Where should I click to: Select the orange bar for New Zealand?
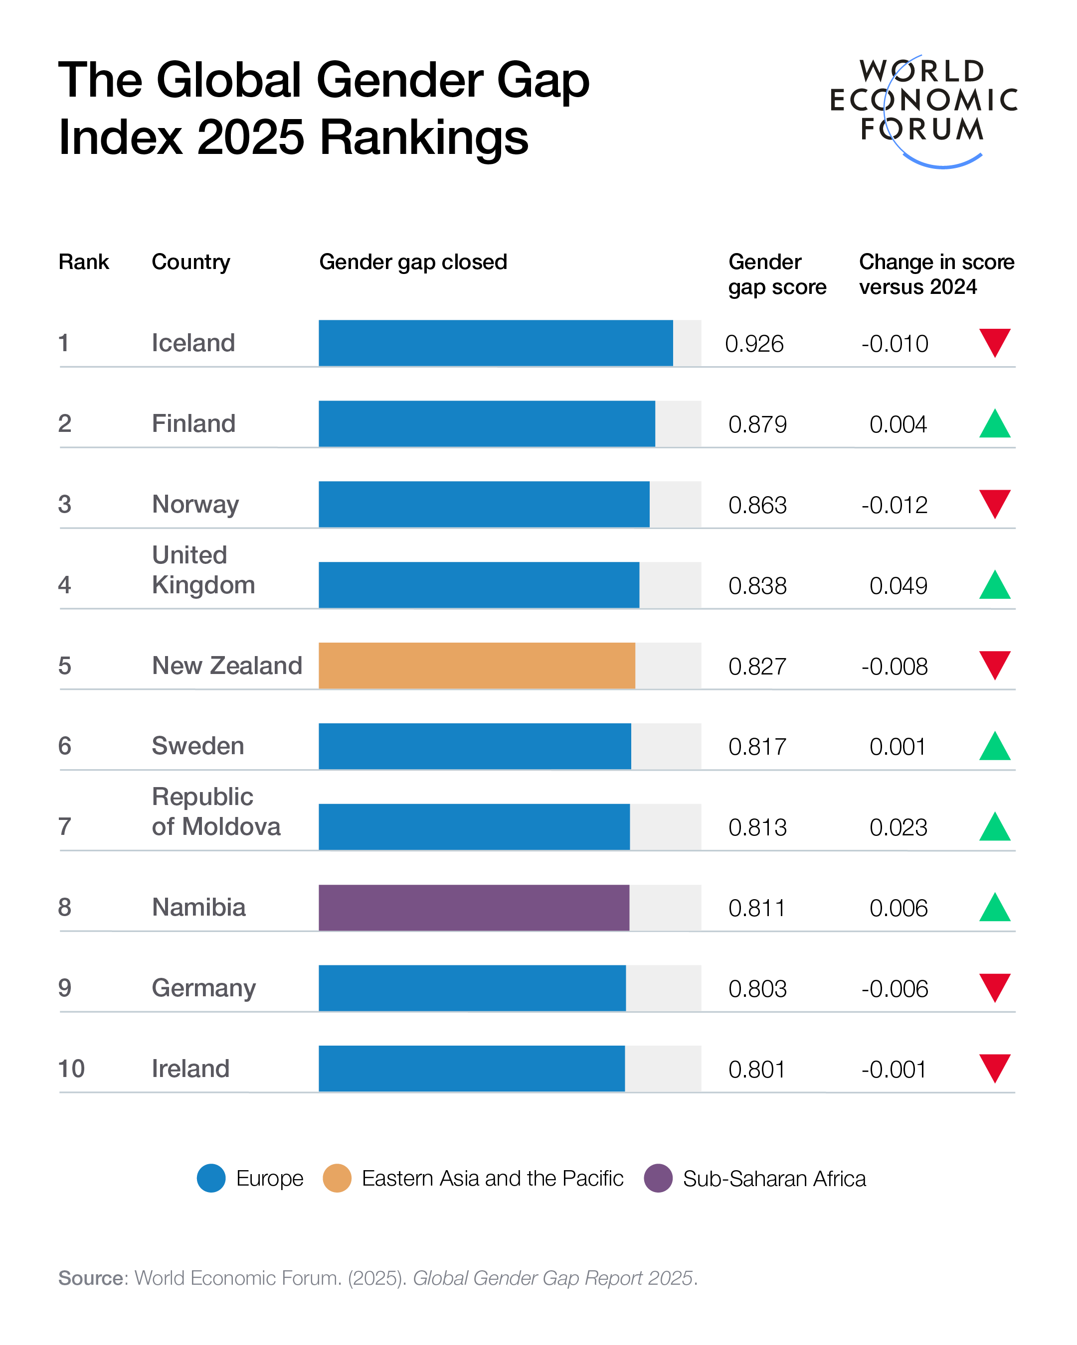point(476,666)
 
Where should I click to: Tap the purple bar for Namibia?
point(473,907)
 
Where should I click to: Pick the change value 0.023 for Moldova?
point(898,827)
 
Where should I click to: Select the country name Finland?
point(193,423)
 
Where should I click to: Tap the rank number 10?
point(71,1069)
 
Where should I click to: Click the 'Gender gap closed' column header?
point(413,262)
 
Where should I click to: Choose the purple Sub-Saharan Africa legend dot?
point(658,1179)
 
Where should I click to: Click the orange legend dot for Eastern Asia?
point(337,1179)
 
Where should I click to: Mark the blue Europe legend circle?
point(211,1179)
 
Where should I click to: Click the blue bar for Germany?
point(472,988)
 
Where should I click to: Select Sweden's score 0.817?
point(757,747)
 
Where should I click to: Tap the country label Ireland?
point(190,1069)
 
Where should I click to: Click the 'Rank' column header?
point(83,262)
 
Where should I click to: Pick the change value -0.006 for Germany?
point(894,989)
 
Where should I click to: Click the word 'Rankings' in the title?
point(424,137)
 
